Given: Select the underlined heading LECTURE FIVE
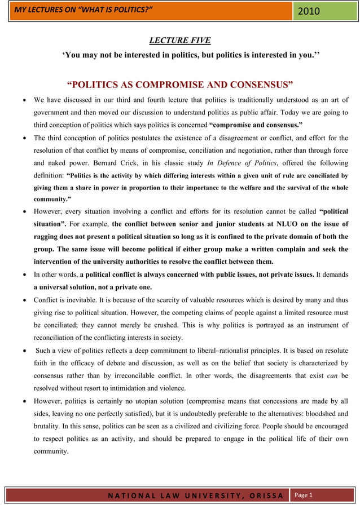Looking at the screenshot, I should pyautogui.click(x=179, y=40).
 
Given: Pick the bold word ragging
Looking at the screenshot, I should pyautogui.click(x=47, y=237).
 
